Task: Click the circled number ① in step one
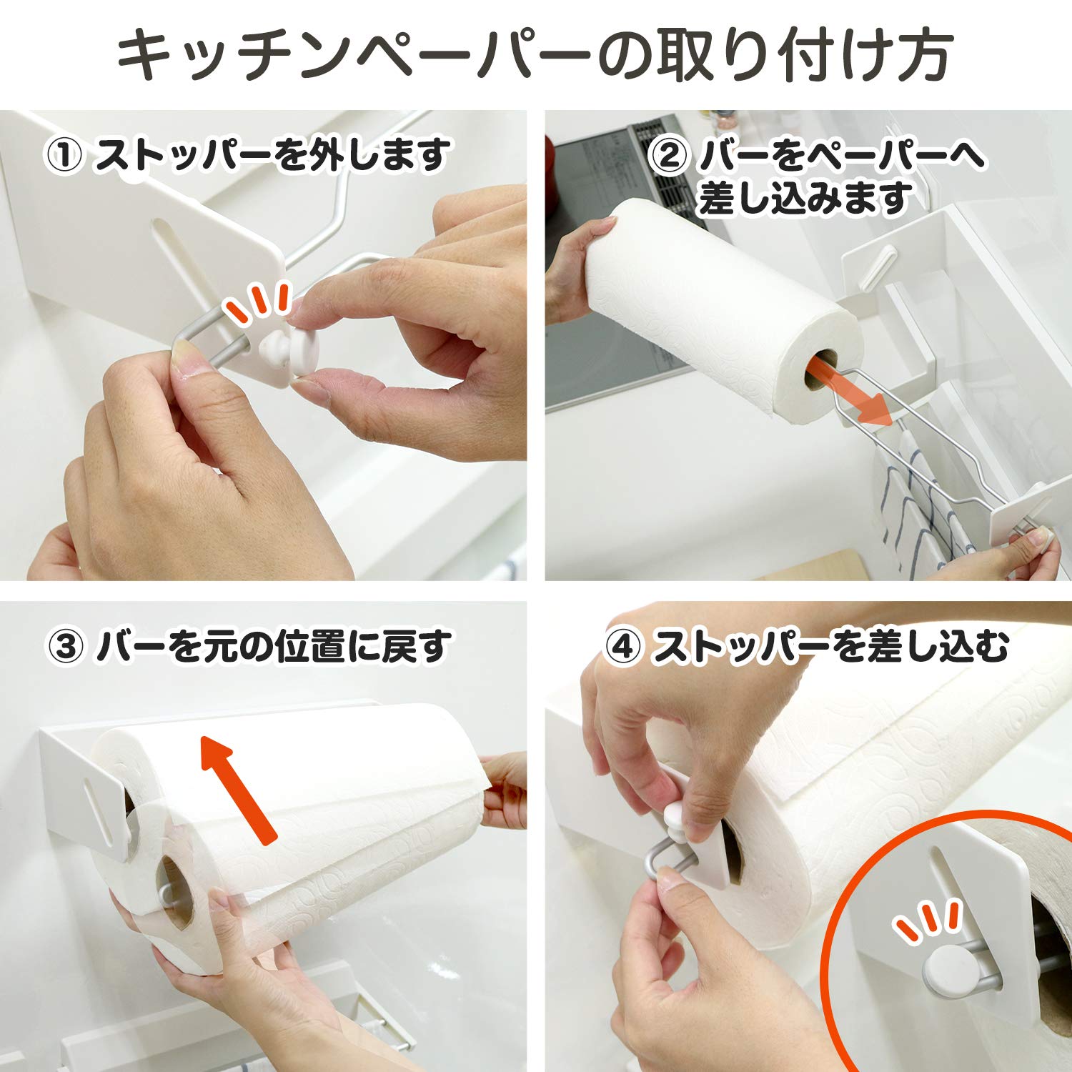(x=65, y=156)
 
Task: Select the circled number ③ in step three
(x=66, y=647)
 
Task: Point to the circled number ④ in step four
(x=623, y=647)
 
